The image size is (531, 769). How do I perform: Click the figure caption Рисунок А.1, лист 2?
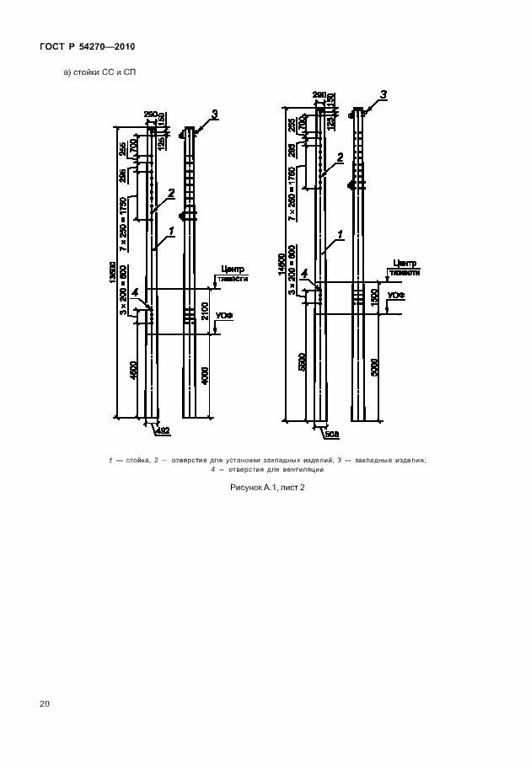tap(266, 488)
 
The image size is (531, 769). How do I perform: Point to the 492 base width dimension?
tap(164, 431)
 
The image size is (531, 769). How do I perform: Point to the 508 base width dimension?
tap(331, 434)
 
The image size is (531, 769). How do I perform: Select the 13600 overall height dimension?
tap(113, 270)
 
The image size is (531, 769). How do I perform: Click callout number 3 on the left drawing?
tap(214, 114)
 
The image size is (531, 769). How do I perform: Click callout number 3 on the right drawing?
tap(383, 94)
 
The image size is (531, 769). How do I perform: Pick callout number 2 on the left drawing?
tap(171, 193)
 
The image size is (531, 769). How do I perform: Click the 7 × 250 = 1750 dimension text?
tap(123, 224)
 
